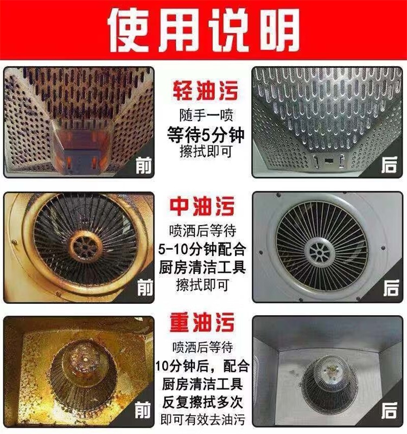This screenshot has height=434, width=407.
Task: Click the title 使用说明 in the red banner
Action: click(x=203, y=30)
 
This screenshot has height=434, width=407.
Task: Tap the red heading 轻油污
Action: click(x=205, y=91)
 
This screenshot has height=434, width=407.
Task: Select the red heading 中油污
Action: click(x=202, y=206)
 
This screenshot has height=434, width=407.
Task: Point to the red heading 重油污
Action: click(x=202, y=322)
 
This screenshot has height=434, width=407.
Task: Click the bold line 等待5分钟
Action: click(x=206, y=135)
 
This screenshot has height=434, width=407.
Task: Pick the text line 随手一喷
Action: click(x=206, y=116)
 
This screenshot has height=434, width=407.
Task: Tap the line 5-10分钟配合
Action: click(x=202, y=249)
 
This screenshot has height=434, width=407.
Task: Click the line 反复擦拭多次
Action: click(x=202, y=402)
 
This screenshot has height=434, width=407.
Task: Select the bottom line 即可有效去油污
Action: click(x=202, y=419)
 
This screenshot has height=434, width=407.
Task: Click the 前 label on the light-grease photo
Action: click(x=144, y=165)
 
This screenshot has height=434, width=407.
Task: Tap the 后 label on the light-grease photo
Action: click(x=389, y=165)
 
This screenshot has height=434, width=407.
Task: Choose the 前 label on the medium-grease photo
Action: click(x=145, y=288)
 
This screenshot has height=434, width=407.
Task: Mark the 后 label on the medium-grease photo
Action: click(x=391, y=288)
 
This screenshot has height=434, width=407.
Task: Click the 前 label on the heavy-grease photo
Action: click(x=143, y=410)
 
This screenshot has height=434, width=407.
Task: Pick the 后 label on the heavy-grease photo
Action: click(x=389, y=411)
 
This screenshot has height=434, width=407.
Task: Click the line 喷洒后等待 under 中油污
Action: click(x=203, y=231)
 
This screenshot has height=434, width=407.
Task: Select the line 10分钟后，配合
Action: click(x=202, y=366)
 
